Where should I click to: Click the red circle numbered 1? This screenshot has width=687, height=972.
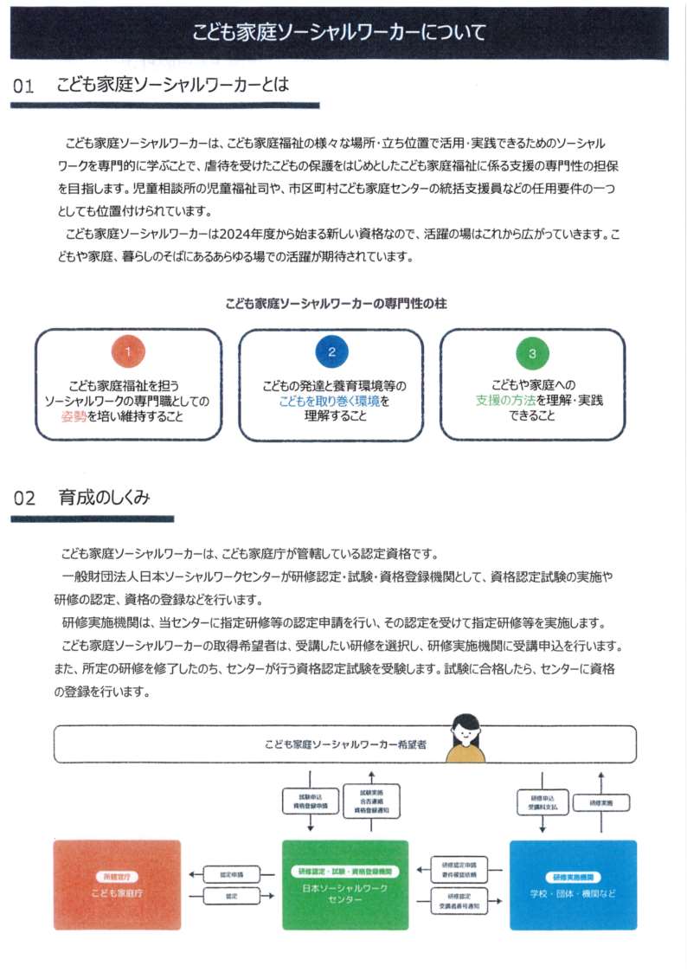(x=128, y=351)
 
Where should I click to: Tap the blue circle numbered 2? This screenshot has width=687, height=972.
(x=331, y=351)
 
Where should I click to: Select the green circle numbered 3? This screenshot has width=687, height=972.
(x=532, y=353)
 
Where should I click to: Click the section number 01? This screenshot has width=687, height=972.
(x=24, y=87)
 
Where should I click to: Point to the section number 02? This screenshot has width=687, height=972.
(x=24, y=499)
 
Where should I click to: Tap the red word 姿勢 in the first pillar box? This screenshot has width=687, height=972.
(x=73, y=416)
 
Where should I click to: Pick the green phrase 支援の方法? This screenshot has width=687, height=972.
(x=504, y=401)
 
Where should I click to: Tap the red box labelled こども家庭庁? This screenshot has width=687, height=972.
(x=117, y=885)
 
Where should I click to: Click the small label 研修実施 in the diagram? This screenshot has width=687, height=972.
(x=601, y=803)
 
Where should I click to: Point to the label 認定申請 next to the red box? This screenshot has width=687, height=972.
(x=231, y=875)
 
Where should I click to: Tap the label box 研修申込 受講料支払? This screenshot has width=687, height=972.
(x=543, y=802)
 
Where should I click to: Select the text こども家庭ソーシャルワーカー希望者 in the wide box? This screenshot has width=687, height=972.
(x=345, y=744)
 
